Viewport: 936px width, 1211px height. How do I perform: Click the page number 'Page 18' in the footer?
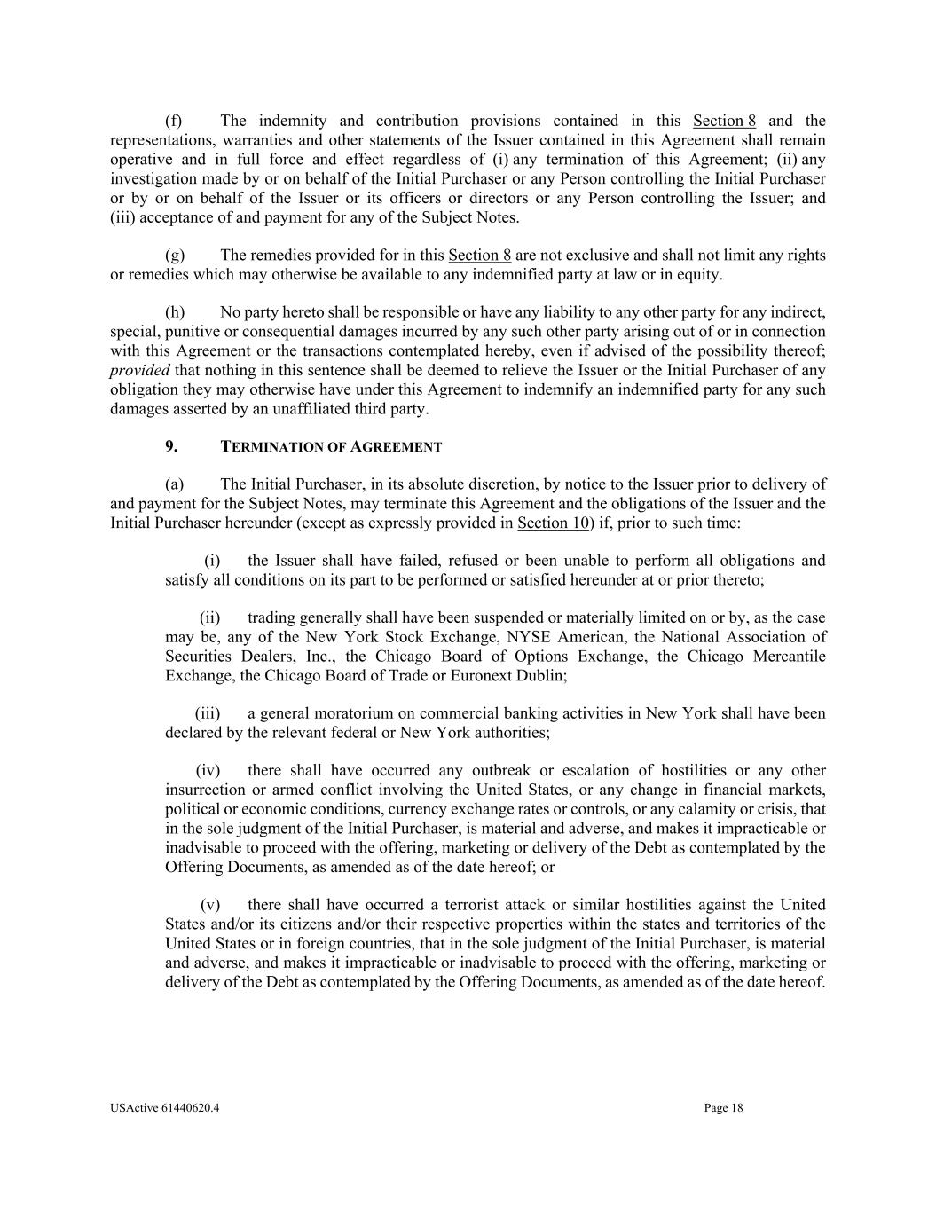pos(723,1107)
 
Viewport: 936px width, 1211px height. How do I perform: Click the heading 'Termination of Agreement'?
pos(330,447)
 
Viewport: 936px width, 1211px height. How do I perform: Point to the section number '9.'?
pos(171,447)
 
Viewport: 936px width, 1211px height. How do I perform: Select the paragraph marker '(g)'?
pos(175,256)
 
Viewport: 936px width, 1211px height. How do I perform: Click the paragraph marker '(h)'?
pos(175,312)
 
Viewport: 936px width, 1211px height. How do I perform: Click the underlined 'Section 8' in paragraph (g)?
pos(479,256)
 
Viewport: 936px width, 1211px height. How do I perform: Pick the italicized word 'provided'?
pos(139,370)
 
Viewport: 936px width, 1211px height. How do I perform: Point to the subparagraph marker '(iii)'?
pos(207,713)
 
